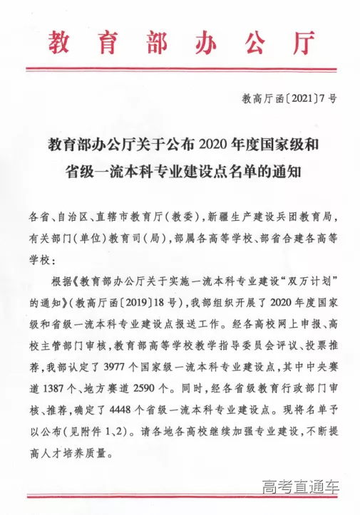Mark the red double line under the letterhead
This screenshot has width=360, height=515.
[x=180, y=68]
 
